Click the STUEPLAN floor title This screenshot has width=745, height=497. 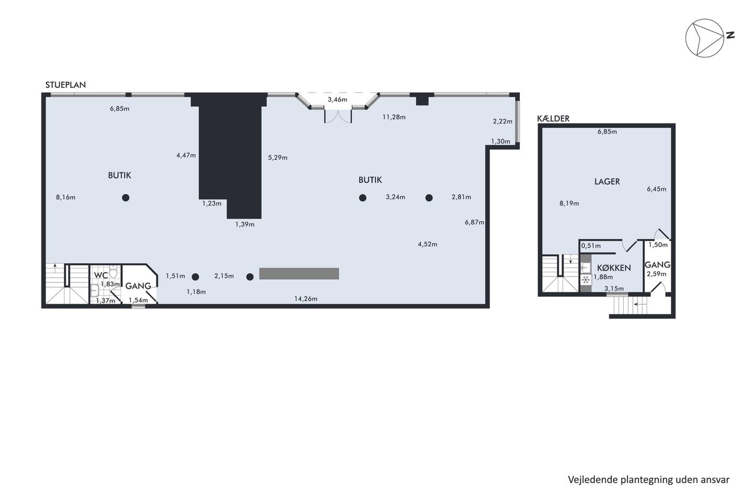coord(65,85)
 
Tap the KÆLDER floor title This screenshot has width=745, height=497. coord(553,118)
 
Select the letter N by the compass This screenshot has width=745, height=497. coord(730,35)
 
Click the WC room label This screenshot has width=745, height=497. coord(101,275)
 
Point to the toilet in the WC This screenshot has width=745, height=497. coord(113,272)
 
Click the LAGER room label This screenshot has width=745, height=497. coord(607,182)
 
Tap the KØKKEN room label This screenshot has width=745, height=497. coord(614,268)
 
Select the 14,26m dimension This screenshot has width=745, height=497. coord(305,299)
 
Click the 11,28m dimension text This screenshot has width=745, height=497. coord(394,117)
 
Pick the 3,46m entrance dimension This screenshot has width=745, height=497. coord(337,100)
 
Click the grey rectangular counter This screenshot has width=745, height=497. coord(299,274)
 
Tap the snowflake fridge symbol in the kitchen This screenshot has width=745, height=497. coord(586,280)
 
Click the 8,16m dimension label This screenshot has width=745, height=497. coord(65,197)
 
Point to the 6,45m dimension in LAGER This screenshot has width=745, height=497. coord(656,189)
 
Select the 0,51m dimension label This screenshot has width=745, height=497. coord(591,246)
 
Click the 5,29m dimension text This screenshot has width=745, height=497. coord(278,158)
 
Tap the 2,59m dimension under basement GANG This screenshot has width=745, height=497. coord(657,274)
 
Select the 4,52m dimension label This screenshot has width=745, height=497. coord(427,244)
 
